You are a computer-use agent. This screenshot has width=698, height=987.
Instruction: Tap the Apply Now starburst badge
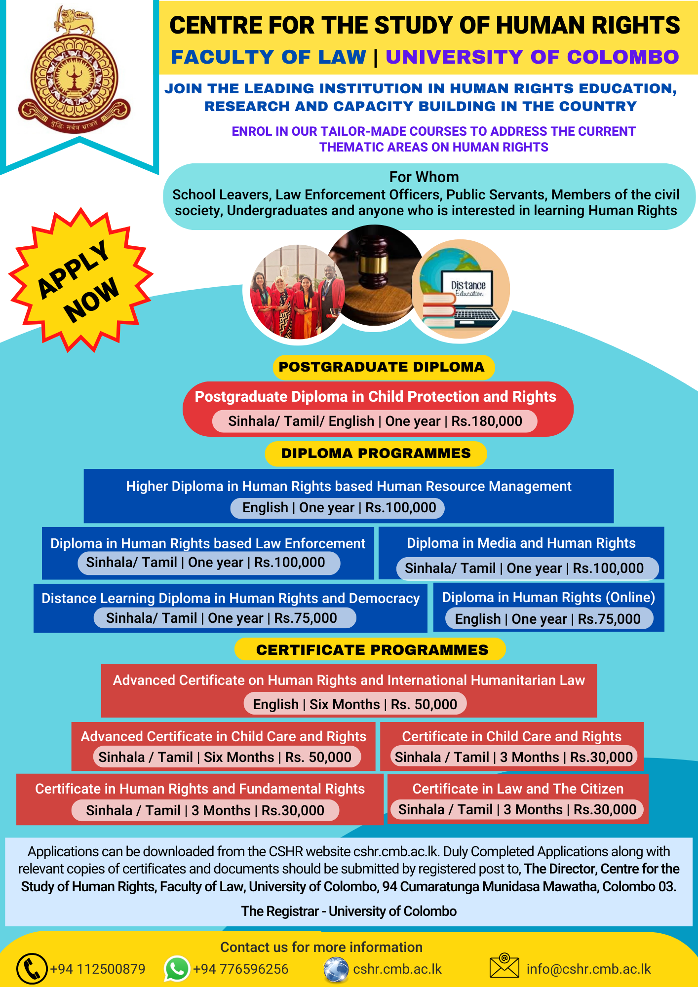(80, 280)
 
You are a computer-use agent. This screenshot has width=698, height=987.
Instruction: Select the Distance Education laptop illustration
(461, 289)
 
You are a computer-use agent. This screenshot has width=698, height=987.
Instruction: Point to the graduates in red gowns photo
(298, 292)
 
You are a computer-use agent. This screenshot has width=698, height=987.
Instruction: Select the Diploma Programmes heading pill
(376, 454)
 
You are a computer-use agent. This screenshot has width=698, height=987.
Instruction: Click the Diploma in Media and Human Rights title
(521, 543)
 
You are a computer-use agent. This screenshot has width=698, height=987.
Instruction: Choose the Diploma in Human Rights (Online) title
(548, 598)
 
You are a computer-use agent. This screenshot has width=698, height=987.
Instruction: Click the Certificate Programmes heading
(372, 650)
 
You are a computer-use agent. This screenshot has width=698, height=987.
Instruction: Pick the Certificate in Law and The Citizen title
(518, 789)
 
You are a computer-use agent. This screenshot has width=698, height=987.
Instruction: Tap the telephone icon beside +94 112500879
(32, 969)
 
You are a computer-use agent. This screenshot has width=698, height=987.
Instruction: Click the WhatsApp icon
(177, 968)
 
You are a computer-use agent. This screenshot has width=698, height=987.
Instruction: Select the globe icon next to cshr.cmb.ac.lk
(336, 969)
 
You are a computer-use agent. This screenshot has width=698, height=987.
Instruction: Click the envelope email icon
(504, 966)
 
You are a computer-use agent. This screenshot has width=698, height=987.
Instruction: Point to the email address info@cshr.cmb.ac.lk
(589, 969)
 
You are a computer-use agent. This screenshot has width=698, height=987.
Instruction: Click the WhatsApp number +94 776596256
(241, 969)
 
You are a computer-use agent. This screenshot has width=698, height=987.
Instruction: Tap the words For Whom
(424, 177)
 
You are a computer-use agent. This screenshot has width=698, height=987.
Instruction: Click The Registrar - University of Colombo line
(349, 911)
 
